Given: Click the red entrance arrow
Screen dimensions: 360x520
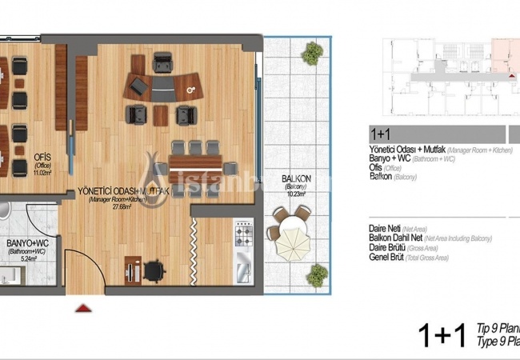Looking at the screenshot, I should point(82,306).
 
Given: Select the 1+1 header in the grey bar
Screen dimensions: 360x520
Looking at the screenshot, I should point(380,134).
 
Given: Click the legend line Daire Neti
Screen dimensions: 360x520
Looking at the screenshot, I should point(385,228).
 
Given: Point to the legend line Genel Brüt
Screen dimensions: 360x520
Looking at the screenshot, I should point(387,258).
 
